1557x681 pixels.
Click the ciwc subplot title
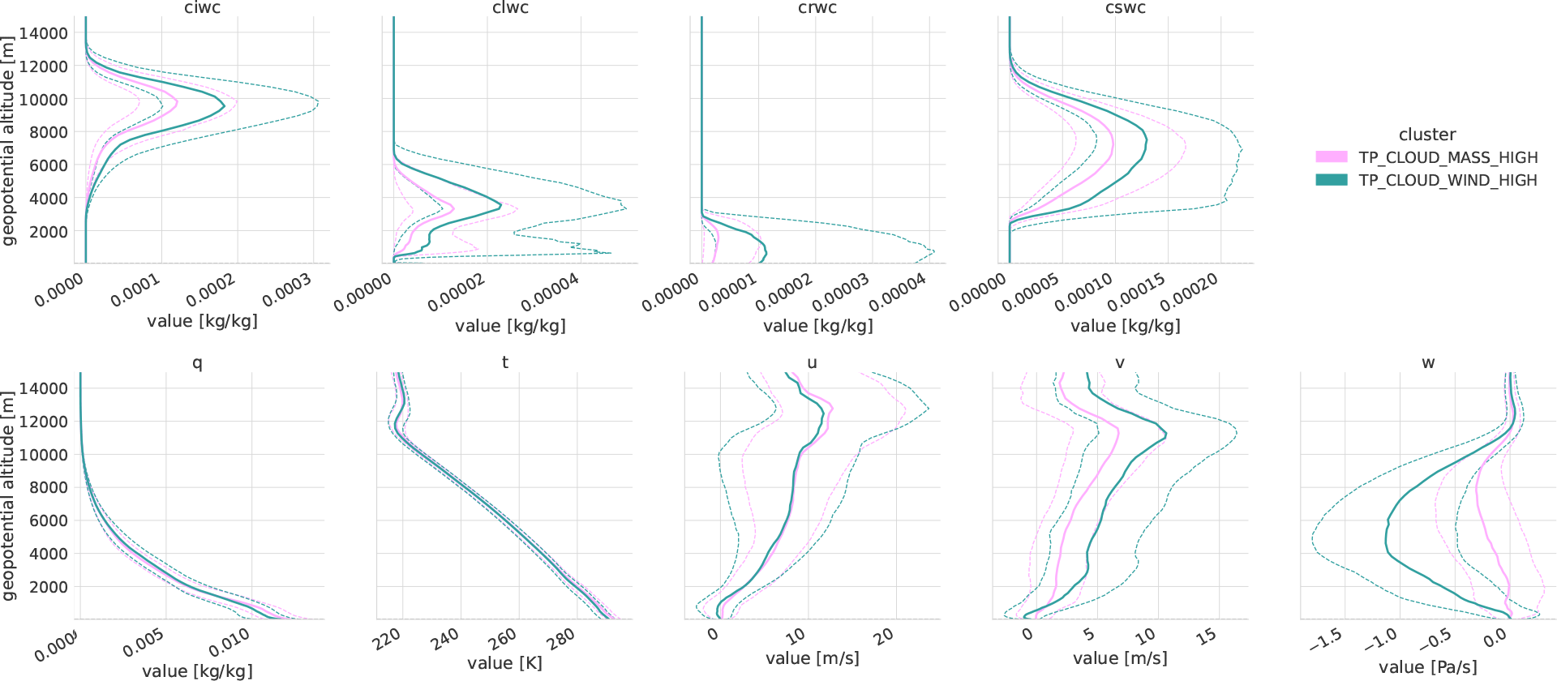202,8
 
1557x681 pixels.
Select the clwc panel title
510,8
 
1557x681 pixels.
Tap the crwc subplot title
817,8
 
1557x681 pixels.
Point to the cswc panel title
1126,8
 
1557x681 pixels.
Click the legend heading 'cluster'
1426,135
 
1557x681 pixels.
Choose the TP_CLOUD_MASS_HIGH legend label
1448,157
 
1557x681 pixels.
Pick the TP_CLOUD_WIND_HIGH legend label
1448,180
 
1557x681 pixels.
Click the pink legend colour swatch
1331,157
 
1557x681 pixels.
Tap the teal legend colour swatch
1331,180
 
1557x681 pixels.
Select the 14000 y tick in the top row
44,33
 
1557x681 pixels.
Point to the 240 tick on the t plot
445,639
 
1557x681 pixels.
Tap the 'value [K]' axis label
504,663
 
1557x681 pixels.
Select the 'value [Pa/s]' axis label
1427,667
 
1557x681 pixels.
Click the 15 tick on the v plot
1206,636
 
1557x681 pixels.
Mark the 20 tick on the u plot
884,636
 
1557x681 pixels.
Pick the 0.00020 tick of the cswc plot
1189,292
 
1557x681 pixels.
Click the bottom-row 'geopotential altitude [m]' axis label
9,496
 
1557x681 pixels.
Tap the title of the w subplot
1428,363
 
